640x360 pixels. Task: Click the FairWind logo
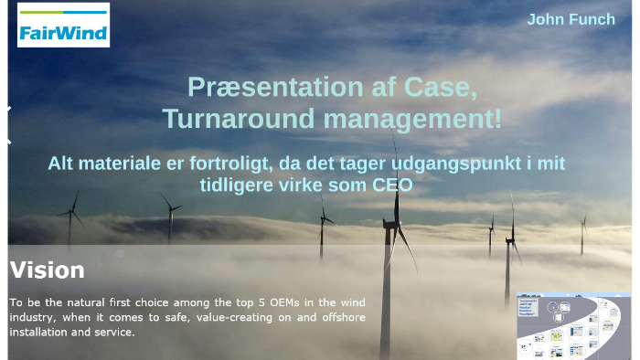click(63, 26)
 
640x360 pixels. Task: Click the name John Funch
click(571, 19)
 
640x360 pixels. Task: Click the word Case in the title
click(450, 88)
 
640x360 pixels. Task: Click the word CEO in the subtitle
click(392, 185)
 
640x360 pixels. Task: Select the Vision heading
click(47, 270)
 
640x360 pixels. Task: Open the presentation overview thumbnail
click(572, 326)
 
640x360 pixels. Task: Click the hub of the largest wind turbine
click(395, 223)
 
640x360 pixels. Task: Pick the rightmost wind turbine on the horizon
click(582, 233)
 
